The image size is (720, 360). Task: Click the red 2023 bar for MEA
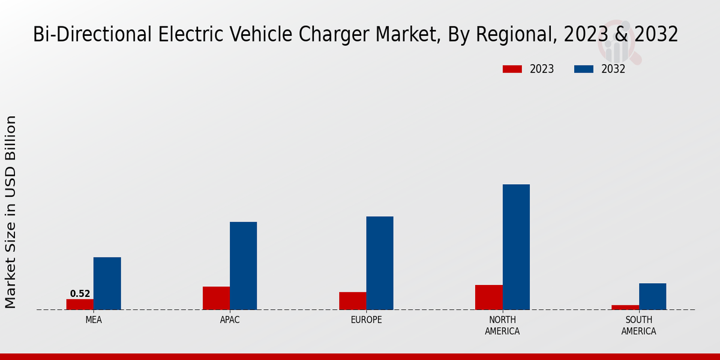point(80,304)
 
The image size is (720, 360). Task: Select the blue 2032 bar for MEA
point(107,283)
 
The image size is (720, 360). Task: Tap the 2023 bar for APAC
point(216,298)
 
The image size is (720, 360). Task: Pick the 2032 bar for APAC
point(243,266)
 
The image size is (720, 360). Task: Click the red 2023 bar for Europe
point(352,301)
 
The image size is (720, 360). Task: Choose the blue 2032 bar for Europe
point(380,263)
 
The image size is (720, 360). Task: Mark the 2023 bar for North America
point(488,297)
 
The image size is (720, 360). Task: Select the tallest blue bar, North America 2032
point(516,247)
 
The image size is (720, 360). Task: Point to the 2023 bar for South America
point(625,307)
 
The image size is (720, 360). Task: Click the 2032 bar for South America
point(652,296)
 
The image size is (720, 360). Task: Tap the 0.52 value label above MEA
point(80,294)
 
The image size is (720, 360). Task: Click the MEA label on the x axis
point(94,320)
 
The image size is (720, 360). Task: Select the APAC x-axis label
point(230,320)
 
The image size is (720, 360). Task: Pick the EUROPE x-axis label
point(366,320)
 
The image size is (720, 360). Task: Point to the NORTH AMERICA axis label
point(502,325)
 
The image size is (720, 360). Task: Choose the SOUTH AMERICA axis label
point(638,325)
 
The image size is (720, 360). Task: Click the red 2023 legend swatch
point(512,69)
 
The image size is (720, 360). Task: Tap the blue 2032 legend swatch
point(583,69)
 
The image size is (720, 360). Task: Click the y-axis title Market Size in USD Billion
point(11,212)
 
